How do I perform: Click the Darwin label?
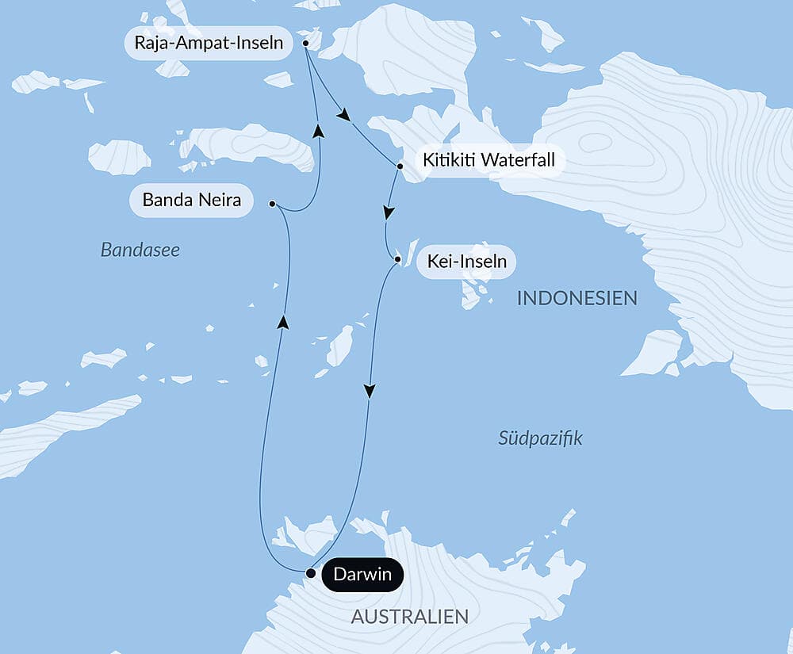click(362, 574)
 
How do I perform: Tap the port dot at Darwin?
click(311, 572)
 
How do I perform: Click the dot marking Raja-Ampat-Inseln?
click(305, 44)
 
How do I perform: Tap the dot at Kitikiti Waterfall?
click(400, 166)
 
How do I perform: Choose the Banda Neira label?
click(191, 200)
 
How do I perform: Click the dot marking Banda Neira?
click(272, 204)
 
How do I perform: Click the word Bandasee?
click(140, 251)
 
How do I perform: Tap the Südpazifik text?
click(540, 438)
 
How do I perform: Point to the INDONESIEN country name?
click(577, 299)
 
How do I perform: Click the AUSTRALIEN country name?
click(409, 616)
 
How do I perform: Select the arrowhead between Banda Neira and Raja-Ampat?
click(318, 131)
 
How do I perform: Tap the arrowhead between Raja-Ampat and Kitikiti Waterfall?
click(343, 116)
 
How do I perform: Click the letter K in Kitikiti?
click(428, 160)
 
